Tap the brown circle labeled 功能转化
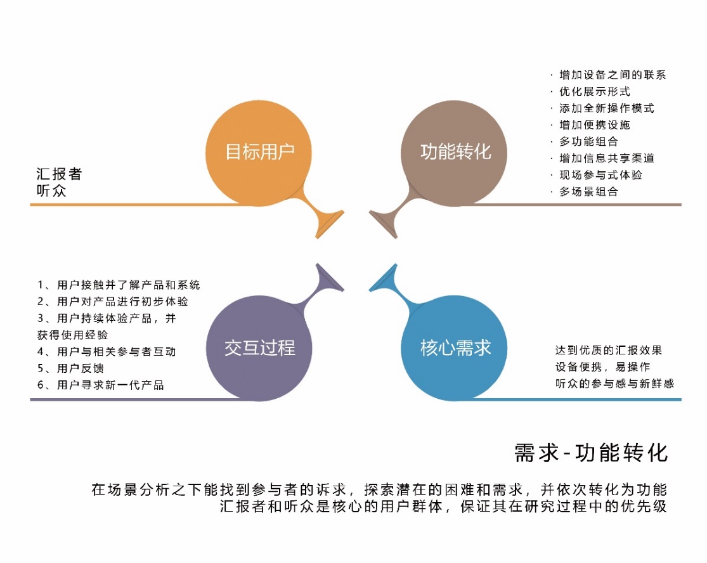coord(455,152)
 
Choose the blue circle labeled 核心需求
coord(455,347)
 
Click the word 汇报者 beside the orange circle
coord(59,174)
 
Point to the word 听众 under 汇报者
coord(51,190)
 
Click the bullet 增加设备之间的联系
coord(613,75)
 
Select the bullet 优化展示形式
coord(595,91)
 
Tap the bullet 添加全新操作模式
coord(607,108)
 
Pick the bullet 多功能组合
coord(588,141)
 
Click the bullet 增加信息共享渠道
coord(607,158)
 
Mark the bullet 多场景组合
coord(588,191)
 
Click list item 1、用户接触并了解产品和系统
coord(119,285)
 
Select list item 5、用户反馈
coord(70,368)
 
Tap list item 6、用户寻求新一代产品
coord(100,385)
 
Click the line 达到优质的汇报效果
coord(609,350)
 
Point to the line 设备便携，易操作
coord(602,366)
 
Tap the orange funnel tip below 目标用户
coord(328,224)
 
